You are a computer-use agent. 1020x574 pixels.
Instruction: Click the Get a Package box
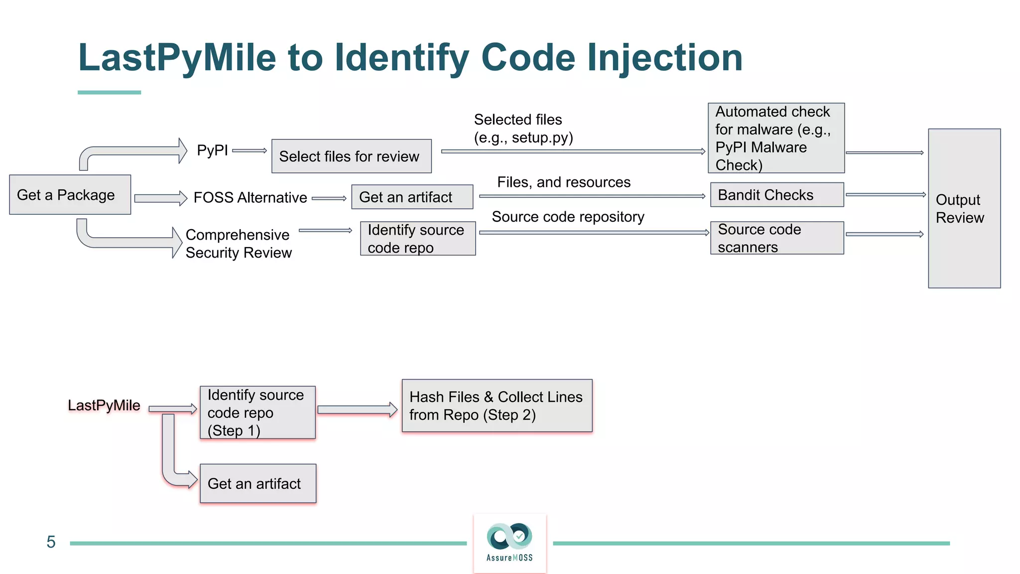70,195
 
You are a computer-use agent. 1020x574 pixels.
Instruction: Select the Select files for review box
351,156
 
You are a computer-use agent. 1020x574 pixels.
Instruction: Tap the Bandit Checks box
776,195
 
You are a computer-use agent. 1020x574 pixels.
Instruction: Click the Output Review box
964,208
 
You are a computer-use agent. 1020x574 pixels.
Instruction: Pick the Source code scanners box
776,238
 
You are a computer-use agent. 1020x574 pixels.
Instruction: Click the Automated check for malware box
775,138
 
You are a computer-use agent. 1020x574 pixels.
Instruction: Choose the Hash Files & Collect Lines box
497,406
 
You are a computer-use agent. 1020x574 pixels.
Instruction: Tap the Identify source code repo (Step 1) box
257,413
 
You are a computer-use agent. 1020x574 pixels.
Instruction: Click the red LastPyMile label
104,405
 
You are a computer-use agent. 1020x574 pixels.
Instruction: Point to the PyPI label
212,150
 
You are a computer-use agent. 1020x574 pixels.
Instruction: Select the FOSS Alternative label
250,198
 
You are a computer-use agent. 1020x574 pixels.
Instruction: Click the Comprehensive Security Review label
238,244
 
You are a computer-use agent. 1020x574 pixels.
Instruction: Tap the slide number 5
51,542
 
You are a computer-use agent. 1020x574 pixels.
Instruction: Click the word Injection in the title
664,58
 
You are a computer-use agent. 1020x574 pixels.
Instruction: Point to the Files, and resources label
563,182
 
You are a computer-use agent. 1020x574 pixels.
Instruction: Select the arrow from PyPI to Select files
250,150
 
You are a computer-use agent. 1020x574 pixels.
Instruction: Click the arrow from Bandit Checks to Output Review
885,195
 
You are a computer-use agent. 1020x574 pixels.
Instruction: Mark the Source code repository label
568,217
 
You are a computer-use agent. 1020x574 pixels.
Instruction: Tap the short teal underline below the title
109,93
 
